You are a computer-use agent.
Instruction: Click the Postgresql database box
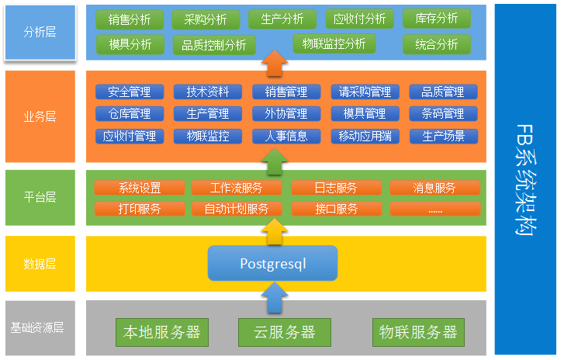pyautogui.click(x=272, y=263)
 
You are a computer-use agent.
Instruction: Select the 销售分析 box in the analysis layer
pyautogui.click(x=130, y=19)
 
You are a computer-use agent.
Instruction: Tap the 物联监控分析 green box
pyautogui.click(x=334, y=44)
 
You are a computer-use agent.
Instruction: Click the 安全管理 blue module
pyautogui.click(x=130, y=92)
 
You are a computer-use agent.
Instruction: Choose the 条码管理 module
pyautogui.click(x=443, y=114)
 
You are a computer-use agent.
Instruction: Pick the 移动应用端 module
pyautogui.click(x=365, y=137)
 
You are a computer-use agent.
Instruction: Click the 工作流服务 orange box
pyautogui.click(x=237, y=188)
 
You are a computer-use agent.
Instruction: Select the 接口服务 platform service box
pyautogui.click(x=337, y=209)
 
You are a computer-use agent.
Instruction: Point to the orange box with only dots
pyautogui.click(x=434, y=209)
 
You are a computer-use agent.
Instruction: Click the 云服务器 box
pyautogui.click(x=285, y=332)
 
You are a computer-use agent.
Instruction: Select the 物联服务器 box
pyautogui.click(x=418, y=332)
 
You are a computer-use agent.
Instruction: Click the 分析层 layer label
pyautogui.click(x=40, y=33)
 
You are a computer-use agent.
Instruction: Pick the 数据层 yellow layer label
pyautogui.click(x=40, y=264)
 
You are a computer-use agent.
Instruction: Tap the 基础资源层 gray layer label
pyautogui.click(x=38, y=327)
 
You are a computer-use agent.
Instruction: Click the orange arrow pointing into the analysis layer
pyautogui.click(x=272, y=63)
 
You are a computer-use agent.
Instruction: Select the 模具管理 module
pyautogui.click(x=365, y=114)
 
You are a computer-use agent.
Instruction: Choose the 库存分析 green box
pyautogui.click(x=436, y=19)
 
